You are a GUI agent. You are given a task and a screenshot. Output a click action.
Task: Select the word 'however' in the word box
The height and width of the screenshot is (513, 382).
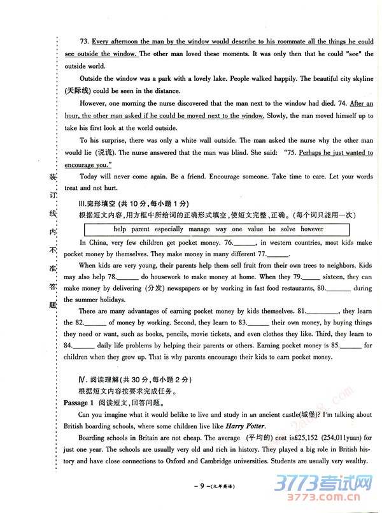point(312,229)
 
